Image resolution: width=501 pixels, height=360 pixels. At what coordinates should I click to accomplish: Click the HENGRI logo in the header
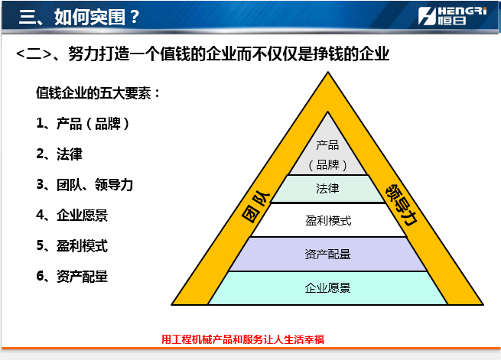point(453,15)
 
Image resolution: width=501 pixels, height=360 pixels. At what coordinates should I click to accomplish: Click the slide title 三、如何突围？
point(80,17)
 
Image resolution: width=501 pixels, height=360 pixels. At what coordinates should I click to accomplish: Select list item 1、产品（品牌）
point(83,124)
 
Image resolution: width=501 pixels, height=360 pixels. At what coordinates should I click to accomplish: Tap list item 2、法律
point(59,154)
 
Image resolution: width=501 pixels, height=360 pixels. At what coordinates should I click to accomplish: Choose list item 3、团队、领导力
point(85,185)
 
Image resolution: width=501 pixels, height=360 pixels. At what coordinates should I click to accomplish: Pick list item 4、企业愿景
point(72,216)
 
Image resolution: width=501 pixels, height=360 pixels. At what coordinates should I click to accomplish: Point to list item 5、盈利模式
point(72,246)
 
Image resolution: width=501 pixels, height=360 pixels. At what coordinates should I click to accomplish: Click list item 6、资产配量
point(72,277)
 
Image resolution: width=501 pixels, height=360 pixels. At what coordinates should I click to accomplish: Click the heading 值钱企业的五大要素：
point(98,93)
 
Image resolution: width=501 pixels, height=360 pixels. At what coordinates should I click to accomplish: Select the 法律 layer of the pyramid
point(328,189)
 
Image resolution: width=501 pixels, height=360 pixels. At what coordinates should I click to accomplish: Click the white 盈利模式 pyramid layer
point(328,220)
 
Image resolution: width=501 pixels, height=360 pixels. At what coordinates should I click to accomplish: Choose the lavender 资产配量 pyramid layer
point(328,255)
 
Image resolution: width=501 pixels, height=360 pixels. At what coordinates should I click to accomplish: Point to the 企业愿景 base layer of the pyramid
point(328,288)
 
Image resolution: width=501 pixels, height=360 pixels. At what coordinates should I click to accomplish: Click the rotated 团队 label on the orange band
point(256,207)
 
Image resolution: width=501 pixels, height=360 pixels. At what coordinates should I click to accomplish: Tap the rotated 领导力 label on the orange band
point(402,205)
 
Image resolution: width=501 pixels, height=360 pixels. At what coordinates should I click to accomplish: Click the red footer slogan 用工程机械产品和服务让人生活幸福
point(242,339)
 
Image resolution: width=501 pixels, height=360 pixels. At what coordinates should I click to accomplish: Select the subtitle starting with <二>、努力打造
point(203,54)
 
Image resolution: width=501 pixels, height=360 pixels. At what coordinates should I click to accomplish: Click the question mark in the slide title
point(135,17)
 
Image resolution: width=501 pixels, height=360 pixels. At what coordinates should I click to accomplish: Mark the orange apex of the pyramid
point(328,72)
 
